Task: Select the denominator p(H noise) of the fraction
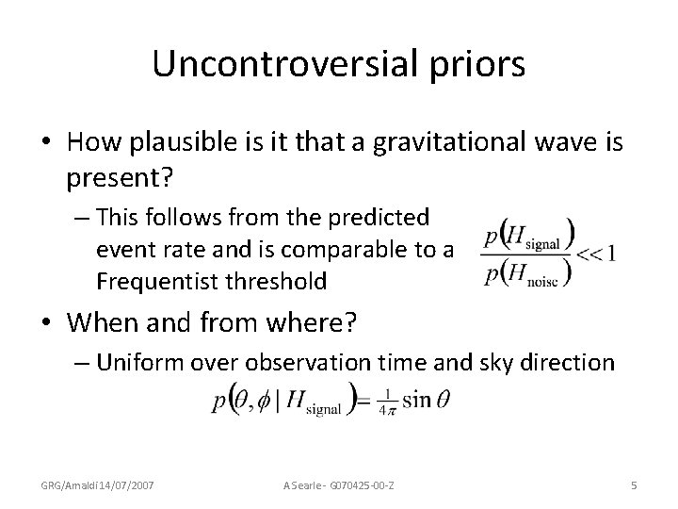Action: [x=533, y=271]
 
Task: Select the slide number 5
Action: [x=634, y=484]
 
